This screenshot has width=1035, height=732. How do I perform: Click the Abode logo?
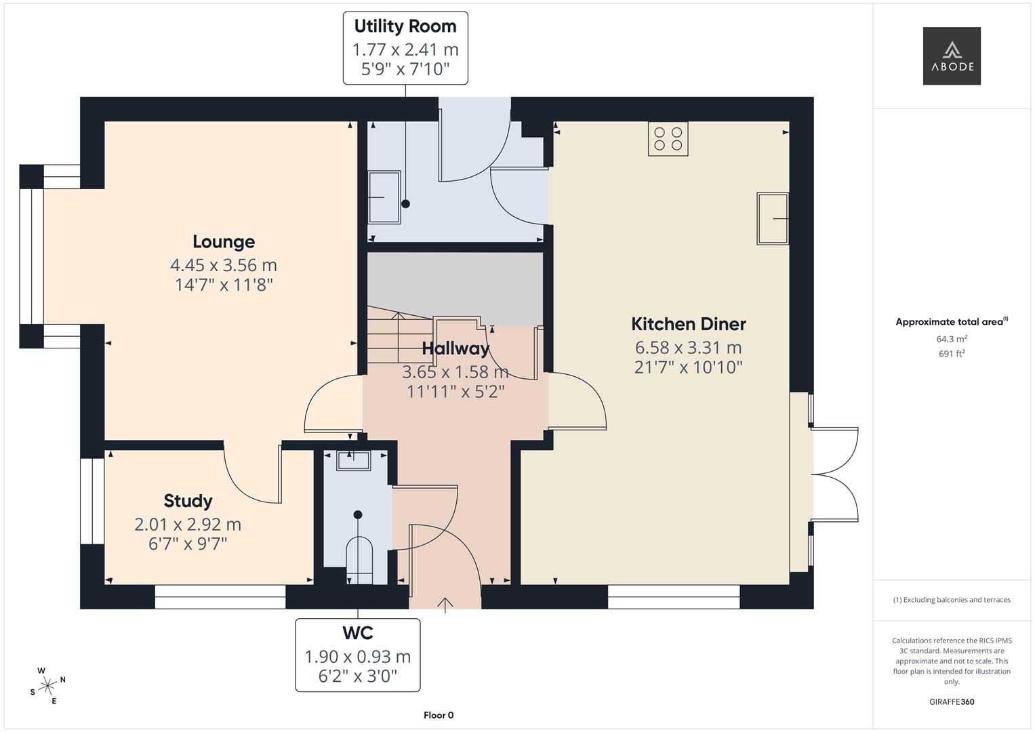coord(951,56)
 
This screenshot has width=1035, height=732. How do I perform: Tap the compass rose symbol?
coord(47,686)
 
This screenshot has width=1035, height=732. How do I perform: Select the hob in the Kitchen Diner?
coord(668,138)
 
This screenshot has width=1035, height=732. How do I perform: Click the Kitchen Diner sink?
coord(773,218)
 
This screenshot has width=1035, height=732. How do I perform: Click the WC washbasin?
coord(353,460)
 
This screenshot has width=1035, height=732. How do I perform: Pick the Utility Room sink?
coord(384,197)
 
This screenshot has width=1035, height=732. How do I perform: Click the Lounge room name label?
coord(224,242)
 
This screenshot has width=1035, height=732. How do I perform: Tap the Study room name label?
coord(188,501)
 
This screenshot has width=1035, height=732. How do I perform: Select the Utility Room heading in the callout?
coord(405,26)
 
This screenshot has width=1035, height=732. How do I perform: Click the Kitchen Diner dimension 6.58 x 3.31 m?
coord(688,348)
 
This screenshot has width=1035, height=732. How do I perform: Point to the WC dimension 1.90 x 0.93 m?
coord(357,656)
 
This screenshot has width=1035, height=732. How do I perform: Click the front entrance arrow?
coord(445,605)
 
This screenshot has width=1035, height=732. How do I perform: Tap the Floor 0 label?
coord(439,715)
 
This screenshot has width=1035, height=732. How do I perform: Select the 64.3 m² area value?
coord(951,339)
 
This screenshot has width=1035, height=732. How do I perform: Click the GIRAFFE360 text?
coord(951,701)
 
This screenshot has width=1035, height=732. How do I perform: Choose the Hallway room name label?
coord(455,349)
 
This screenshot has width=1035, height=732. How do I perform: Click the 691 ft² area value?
coord(951,353)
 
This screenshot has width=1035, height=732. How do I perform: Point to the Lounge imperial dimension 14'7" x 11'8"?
coord(224,285)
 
